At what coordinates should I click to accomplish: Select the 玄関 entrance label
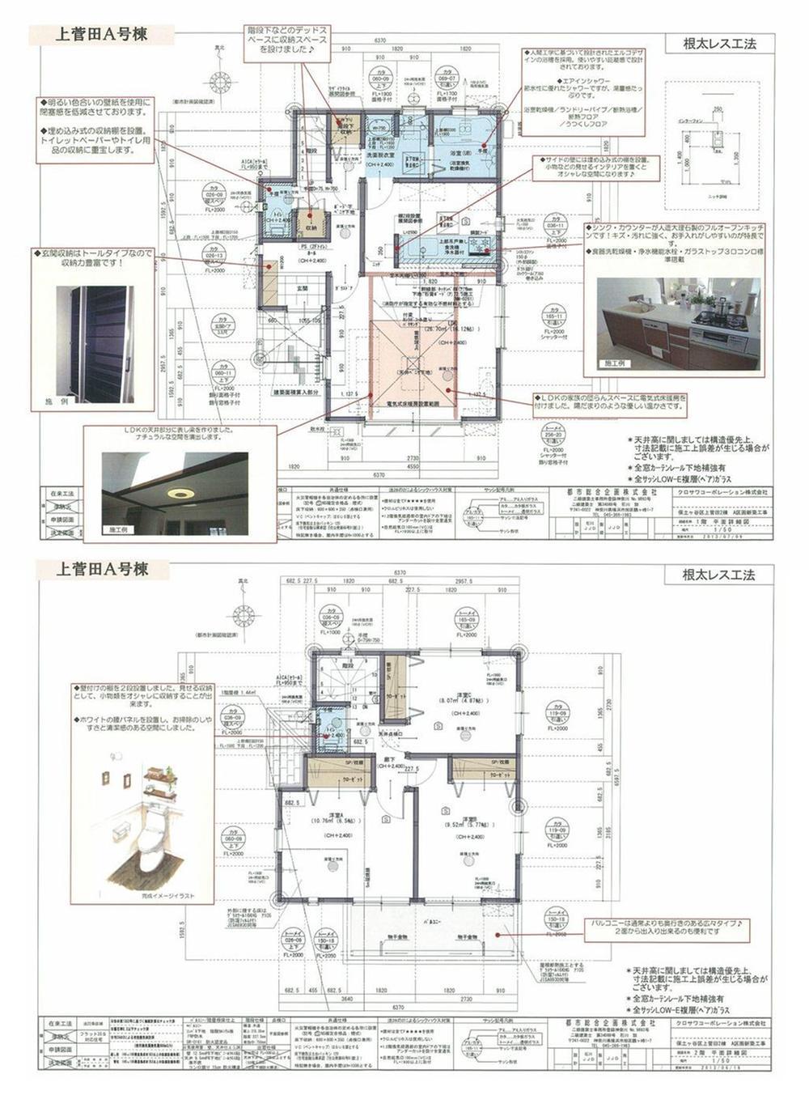coord(301,287)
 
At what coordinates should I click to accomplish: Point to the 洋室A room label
coord(328,819)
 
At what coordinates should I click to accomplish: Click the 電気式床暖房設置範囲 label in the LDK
coord(408,402)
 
